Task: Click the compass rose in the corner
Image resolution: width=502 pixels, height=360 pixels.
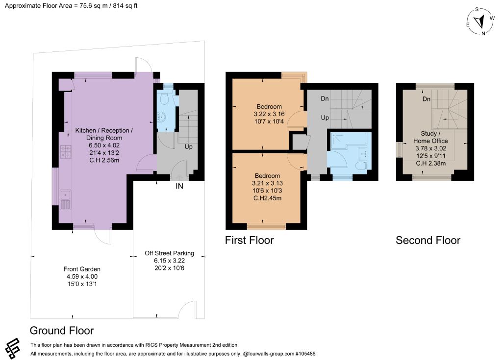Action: pos(480,21)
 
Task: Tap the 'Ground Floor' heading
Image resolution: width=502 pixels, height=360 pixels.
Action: pos(62,331)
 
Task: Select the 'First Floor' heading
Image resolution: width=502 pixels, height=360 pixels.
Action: pos(250,240)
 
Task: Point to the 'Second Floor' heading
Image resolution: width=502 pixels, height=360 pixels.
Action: pos(428,240)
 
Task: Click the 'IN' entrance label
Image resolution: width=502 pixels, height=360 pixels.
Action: pos(179,186)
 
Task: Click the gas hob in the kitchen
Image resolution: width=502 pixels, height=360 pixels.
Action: pos(66,152)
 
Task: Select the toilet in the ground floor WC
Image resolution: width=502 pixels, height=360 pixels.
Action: pos(164,98)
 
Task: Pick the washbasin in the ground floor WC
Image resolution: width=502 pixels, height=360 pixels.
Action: pos(161,117)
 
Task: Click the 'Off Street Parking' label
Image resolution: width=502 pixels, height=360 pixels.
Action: pos(169,253)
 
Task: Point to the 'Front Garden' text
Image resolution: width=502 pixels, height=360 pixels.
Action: pos(82,269)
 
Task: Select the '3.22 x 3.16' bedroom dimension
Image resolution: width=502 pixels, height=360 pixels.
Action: pos(269,114)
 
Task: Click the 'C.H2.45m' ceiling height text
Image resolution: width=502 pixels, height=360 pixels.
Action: pos(268,198)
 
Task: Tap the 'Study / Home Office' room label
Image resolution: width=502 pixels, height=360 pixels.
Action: pos(430,137)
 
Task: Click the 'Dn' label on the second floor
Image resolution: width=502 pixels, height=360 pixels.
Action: pos(427,99)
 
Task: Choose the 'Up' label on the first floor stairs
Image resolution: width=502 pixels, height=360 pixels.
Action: pos(325,118)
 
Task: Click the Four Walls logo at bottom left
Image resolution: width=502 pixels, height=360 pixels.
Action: pos(12,348)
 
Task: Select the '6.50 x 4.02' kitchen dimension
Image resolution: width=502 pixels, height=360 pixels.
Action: pos(104,145)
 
